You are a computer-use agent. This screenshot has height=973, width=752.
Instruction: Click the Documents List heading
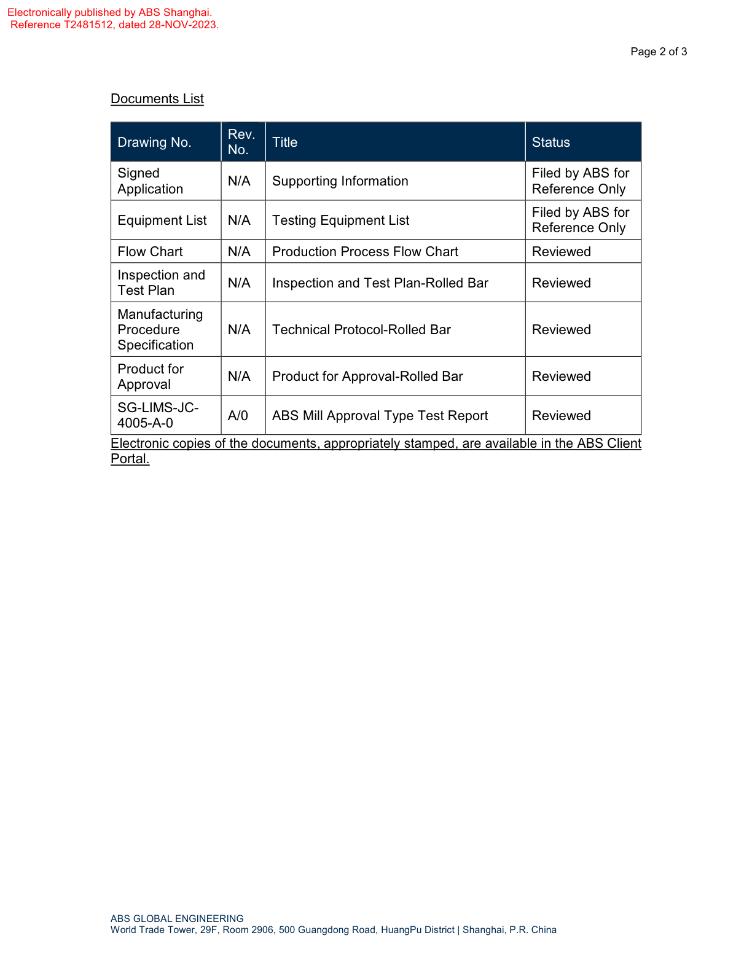(157, 99)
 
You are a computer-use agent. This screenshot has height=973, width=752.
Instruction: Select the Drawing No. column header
(154, 143)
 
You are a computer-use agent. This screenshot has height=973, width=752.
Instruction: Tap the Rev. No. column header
(241, 142)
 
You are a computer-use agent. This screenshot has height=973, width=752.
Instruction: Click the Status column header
(550, 143)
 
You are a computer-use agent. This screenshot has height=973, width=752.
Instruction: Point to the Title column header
(284, 143)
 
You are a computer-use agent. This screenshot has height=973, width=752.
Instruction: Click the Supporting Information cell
(340, 181)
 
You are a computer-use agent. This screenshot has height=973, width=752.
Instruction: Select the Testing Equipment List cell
(340, 221)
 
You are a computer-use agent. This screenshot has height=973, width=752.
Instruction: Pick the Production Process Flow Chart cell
(365, 252)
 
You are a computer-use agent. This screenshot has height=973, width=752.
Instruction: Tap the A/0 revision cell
(238, 416)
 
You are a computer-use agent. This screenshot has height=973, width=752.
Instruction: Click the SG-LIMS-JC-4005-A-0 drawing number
(158, 415)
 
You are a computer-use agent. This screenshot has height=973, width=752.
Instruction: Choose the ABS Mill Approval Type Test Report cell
(380, 416)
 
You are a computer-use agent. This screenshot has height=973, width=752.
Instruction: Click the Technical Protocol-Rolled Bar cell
(361, 330)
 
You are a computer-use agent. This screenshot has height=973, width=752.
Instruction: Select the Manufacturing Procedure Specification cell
(160, 330)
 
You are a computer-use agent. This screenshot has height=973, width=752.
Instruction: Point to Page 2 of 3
(659, 52)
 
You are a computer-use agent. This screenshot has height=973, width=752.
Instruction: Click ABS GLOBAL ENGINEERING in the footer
(177, 919)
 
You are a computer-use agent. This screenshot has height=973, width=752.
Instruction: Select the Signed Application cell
(150, 181)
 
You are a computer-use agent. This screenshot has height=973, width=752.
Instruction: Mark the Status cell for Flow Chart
(561, 252)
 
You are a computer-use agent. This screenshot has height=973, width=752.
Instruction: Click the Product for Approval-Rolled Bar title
(367, 377)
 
